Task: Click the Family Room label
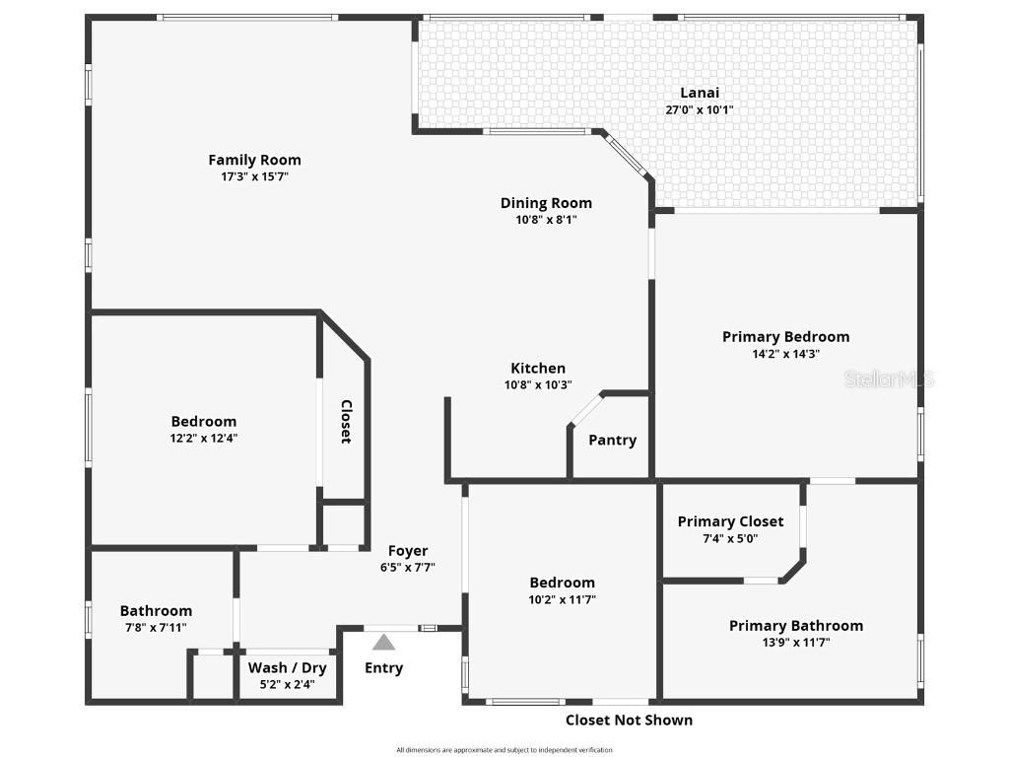254,160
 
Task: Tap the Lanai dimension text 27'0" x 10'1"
699,110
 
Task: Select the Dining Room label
546,203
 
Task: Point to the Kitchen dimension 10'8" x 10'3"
538,385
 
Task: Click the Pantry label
612,441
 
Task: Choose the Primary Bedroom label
785,337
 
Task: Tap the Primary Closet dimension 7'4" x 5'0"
730,538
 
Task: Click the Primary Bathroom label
795,626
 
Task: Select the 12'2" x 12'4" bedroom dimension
204,439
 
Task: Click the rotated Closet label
346,421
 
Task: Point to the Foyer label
408,551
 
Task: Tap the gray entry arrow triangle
383,643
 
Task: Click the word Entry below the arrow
383,668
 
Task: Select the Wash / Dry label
287,667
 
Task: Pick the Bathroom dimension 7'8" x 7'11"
156,628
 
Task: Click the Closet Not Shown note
629,721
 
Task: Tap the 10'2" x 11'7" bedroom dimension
562,599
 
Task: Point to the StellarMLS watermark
889,379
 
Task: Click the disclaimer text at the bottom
504,750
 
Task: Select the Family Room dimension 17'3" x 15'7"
254,177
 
